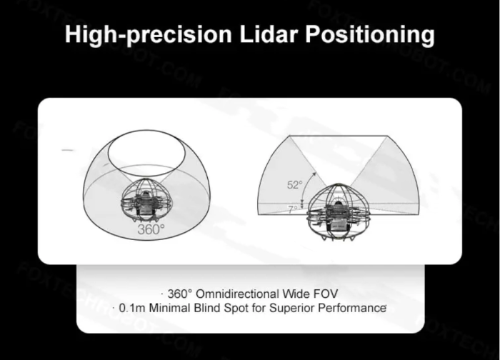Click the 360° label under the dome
click(x=151, y=229)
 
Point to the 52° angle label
click(x=294, y=185)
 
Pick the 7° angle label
click(x=293, y=209)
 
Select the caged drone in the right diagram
click(x=339, y=211)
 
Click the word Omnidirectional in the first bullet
click(x=234, y=294)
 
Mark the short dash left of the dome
click(x=68, y=150)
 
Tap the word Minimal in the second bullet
click(x=170, y=308)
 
